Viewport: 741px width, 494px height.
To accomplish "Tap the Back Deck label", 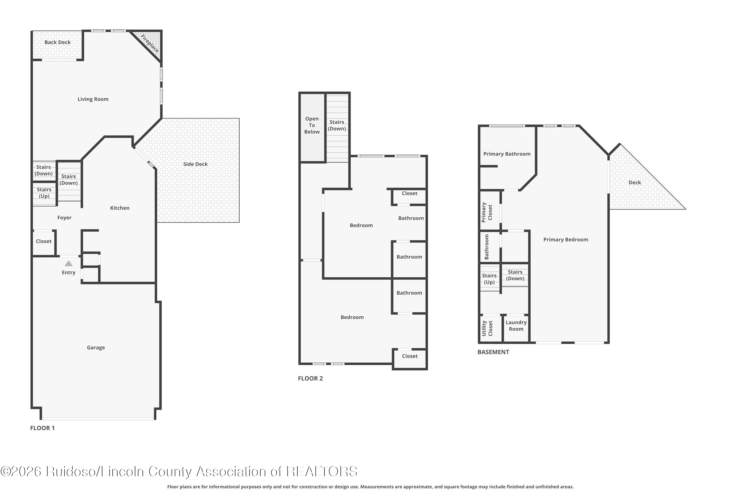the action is coord(57,42).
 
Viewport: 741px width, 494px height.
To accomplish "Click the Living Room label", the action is coord(93,99).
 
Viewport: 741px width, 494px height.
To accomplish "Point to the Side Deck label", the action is coord(195,164).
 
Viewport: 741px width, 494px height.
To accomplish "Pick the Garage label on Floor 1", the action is coord(96,348).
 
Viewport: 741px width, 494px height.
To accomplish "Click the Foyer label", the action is coord(64,218).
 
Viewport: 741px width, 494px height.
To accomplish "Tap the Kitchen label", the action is coord(120,208).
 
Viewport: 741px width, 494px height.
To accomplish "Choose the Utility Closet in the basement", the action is coord(491,328).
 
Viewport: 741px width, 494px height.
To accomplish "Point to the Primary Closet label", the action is coord(487,212).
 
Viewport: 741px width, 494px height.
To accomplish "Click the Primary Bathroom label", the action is coord(507,154).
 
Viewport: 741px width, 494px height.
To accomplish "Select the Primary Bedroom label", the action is coord(566,240).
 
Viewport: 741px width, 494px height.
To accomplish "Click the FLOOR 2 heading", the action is coord(310,378).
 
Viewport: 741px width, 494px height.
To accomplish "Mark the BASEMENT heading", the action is coord(493,352).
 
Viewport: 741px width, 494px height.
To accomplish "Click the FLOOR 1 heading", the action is coord(42,428).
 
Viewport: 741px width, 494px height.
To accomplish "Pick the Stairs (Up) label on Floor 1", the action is coord(44,193).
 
